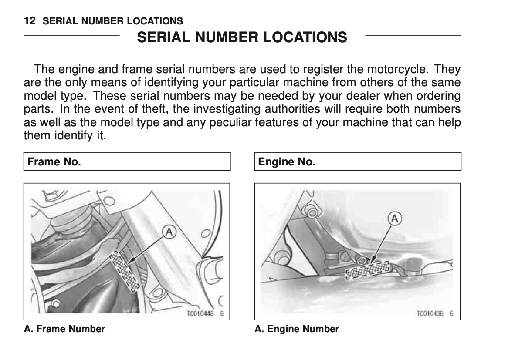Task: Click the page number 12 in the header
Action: (x=30, y=21)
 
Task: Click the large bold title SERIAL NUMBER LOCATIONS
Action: (x=242, y=37)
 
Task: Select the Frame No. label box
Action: (x=126, y=161)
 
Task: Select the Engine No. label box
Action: (x=357, y=161)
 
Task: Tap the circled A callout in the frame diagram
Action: (x=169, y=232)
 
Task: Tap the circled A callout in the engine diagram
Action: (x=395, y=219)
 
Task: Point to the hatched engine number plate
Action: (x=367, y=269)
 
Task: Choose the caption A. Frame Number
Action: (x=64, y=329)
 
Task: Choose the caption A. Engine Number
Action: (x=297, y=329)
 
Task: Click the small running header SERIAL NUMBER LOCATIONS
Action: (x=113, y=21)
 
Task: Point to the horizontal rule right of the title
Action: (x=413, y=35)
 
